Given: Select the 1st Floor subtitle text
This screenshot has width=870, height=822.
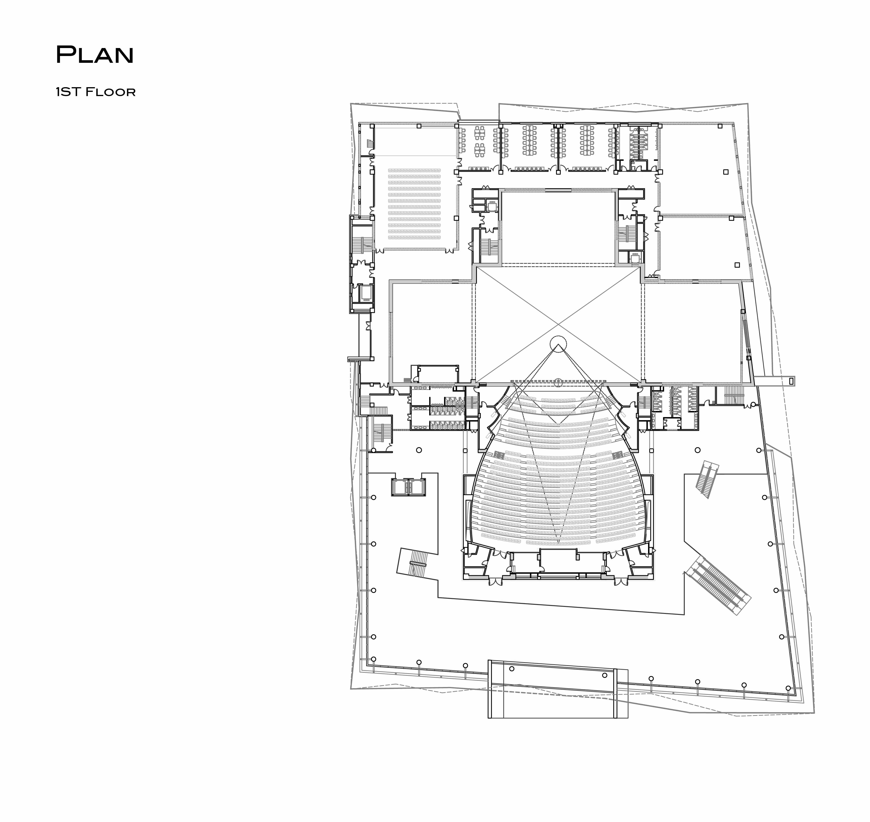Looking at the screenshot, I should [96, 92].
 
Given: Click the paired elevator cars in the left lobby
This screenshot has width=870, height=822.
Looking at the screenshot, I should [408, 487].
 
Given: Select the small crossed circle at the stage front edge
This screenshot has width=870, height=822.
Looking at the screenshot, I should [558, 382].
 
